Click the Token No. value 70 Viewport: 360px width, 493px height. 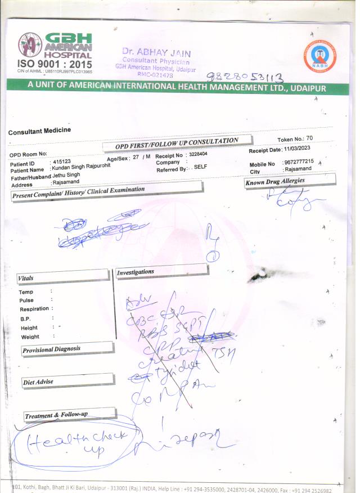[x=325, y=138]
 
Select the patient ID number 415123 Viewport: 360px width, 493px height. [x=62, y=162]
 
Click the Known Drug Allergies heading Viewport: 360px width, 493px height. [x=275, y=181]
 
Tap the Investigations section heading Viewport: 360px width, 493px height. [x=135, y=272]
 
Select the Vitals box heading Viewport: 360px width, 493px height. [x=26, y=279]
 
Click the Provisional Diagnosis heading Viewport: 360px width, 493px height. [x=51, y=349]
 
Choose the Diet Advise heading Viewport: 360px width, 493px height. [x=38, y=382]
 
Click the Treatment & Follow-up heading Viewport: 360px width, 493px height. [x=56, y=415]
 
